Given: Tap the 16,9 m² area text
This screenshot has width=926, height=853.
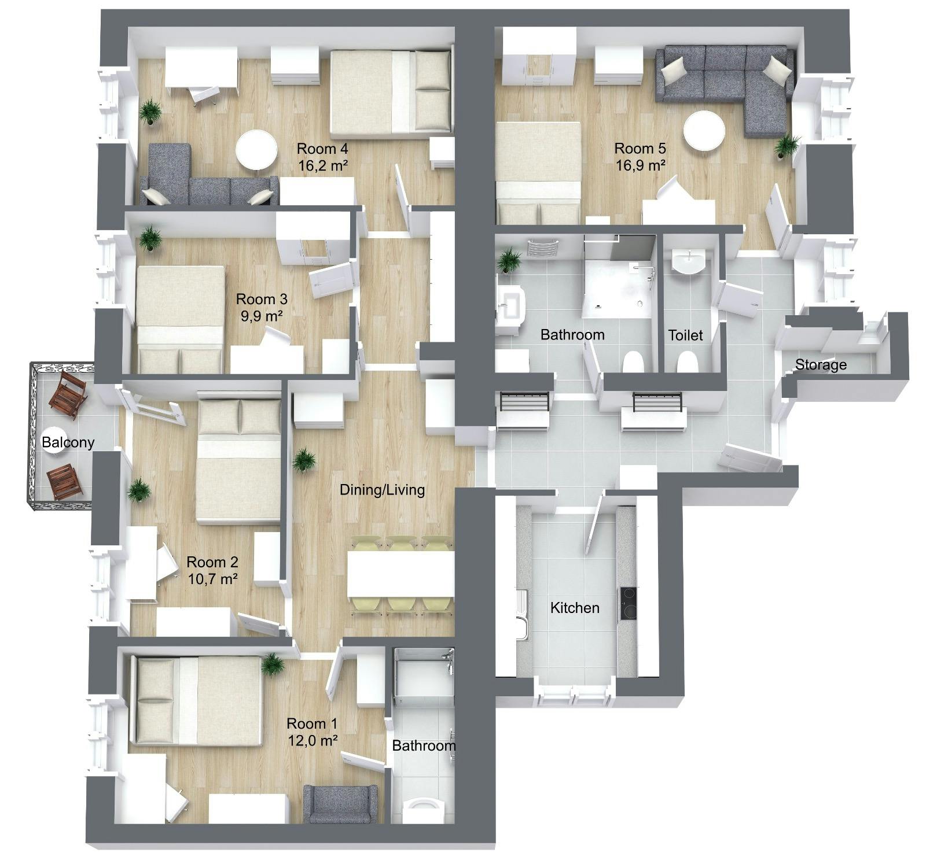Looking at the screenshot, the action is [x=640, y=165].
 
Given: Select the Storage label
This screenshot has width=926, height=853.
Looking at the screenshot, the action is [x=821, y=365].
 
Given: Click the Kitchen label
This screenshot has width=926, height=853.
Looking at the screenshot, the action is [x=575, y=608].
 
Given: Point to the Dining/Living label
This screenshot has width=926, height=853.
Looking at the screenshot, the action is [x=382, y=490].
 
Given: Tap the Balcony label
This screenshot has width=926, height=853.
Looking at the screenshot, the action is [x=68, y=443].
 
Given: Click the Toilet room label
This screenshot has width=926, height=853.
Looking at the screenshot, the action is [x=685, y=335].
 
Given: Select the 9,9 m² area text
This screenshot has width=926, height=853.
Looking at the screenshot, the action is [x=262, y=316].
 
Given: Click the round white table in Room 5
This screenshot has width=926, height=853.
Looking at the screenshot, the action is [x=704, y=131].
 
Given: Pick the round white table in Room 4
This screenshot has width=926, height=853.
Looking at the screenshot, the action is [x=256, y=150].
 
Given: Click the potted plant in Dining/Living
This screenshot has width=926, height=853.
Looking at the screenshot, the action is [x=303, y=461].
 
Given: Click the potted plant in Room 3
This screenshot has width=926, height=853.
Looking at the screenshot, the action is [x=150, y=238].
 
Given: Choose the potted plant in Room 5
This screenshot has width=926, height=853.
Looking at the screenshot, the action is [x=787, y=146].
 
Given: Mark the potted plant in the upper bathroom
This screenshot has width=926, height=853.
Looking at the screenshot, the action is [x=510, y=260].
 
